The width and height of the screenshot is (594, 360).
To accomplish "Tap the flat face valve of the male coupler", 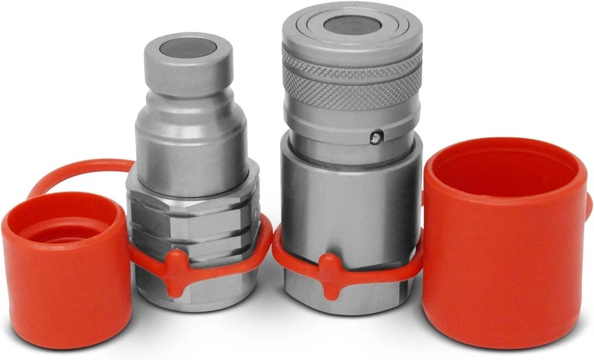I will (188, 47).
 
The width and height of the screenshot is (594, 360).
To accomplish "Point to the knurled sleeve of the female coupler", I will (351, 80).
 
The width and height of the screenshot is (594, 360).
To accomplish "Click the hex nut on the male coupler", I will (192, 210).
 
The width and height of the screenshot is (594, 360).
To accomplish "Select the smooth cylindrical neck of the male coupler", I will (192, 148).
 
